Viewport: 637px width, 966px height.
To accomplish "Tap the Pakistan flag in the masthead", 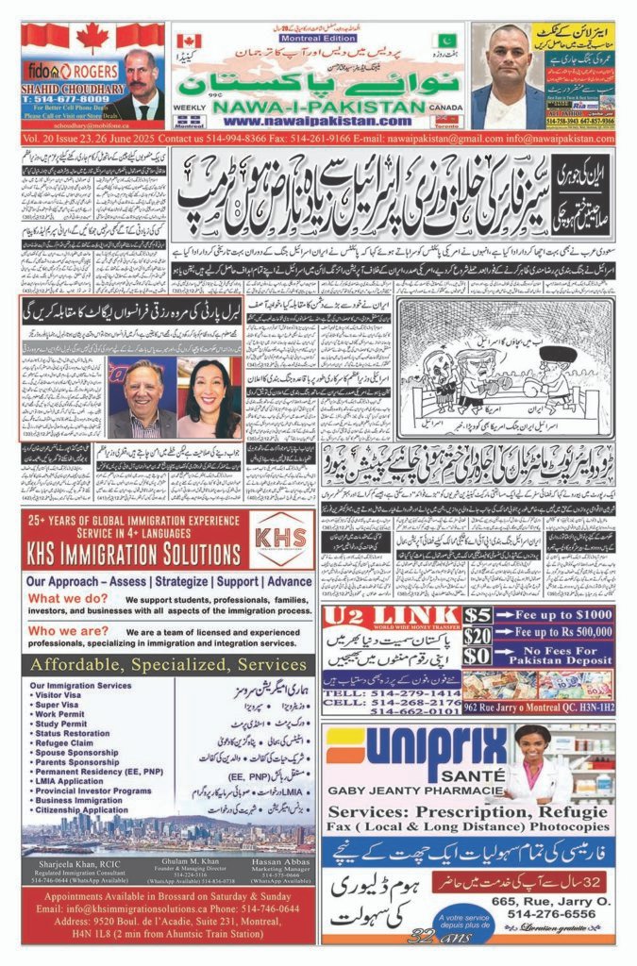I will coord(444,41).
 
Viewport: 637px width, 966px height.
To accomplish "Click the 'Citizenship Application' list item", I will coord(79,809).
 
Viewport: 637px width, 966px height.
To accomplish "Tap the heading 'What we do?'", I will coord(65,598).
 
